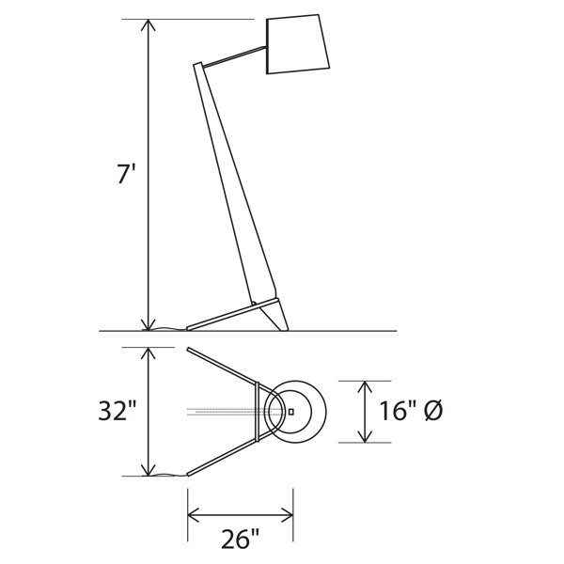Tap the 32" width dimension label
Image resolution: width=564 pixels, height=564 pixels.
pos(117,411)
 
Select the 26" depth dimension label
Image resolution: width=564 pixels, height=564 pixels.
pos(240,539)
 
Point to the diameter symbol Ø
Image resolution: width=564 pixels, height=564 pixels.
pos(433,411)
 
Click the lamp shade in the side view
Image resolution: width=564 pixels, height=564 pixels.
pos(297,44)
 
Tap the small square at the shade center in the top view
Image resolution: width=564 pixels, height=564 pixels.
pos(291,412)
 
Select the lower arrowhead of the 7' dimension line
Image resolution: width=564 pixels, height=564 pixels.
pos(149,325)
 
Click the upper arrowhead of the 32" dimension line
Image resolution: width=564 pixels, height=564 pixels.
pos(149,352)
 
